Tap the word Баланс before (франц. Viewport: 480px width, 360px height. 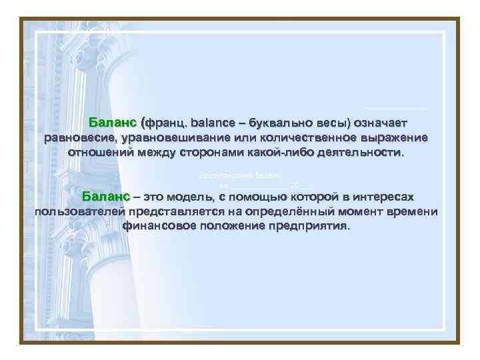112,123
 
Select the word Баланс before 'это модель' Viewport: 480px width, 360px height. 105,197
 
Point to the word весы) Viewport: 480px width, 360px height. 329,123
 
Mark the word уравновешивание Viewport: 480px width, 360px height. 173,138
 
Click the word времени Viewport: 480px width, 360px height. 413,212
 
